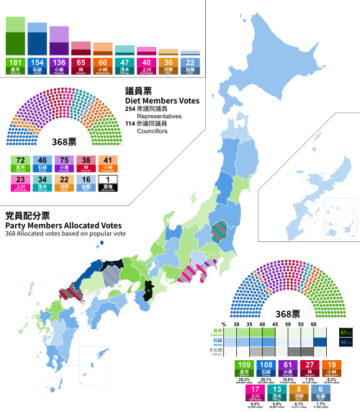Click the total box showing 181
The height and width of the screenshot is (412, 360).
click(16, 64)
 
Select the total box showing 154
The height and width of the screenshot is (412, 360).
click(37, 64)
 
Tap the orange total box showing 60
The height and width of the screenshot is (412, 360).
click(103, 64)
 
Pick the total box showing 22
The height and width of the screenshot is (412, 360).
click(190, 64)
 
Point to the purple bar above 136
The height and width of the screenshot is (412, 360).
click(59, 41)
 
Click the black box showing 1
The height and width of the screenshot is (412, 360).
click(107, 182)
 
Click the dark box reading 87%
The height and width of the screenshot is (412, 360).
click(345, 332)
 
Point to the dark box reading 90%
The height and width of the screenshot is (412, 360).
click(345, 342)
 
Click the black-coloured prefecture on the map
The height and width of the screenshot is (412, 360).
click(150, 290)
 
